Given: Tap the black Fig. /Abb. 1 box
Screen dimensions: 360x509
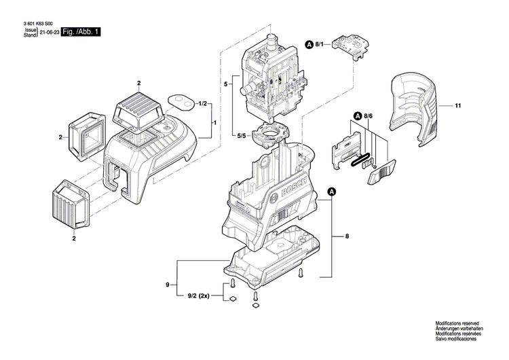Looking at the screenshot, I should [x=81, y=32].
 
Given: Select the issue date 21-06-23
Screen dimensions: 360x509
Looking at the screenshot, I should [x=50, y=32].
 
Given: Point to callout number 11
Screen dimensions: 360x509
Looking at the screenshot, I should [x=458, y=106].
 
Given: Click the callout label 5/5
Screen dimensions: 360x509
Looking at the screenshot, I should [x=241, y=135].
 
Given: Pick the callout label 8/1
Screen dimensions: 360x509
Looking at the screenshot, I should [x=322, y=45].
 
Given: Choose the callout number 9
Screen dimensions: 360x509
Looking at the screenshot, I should [x=167, y=286].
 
